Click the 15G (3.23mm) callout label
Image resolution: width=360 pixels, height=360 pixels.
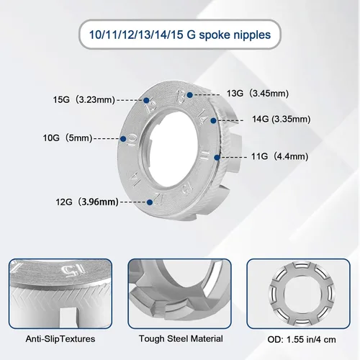click(84, 99)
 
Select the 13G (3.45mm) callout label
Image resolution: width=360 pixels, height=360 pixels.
click(258, 93)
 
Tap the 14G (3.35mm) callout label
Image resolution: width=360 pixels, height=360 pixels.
click(282, 119)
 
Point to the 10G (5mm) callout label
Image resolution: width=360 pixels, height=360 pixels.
click(68, 138)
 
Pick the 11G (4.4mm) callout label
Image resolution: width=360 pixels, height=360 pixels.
click(280, 156)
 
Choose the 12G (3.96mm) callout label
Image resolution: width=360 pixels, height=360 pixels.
click(87, 202)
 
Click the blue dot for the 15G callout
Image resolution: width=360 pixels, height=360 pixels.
click(146, 100)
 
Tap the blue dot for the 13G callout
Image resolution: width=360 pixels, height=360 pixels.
click(189, 95)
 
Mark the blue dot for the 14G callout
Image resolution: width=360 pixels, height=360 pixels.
click(213, 120)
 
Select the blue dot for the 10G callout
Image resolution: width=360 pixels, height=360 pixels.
click(123, 139)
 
